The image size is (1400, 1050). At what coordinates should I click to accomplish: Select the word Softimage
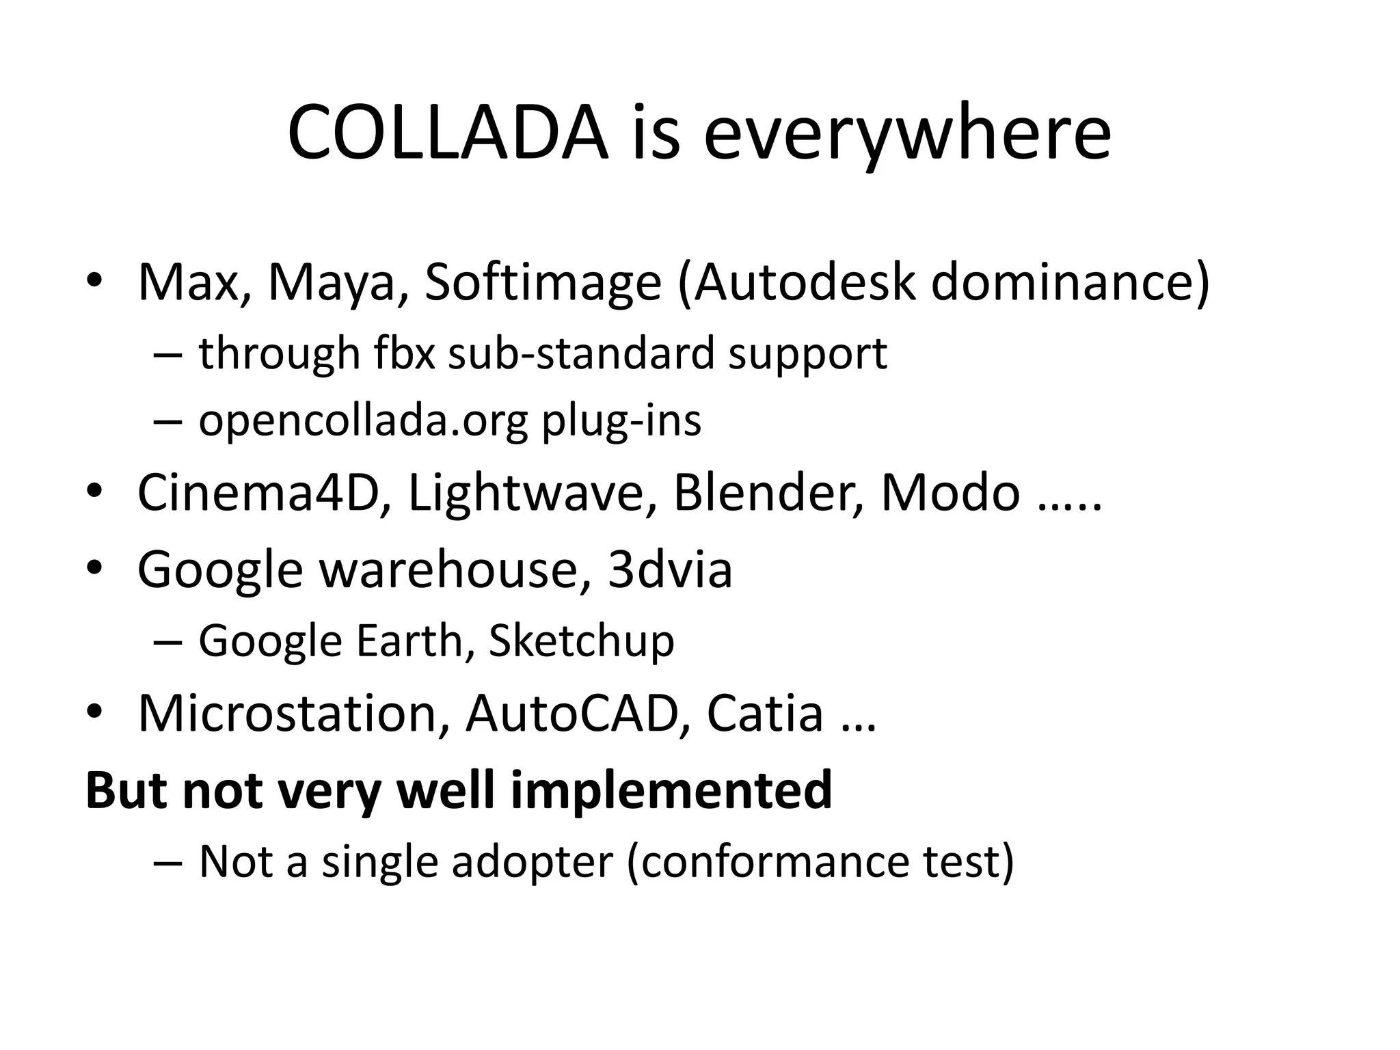pos(543,282)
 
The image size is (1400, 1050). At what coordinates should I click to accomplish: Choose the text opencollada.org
pos(363,421)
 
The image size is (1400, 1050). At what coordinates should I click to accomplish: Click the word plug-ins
pos(621,421)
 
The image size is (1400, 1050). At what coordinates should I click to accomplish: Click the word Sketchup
pos(582,641)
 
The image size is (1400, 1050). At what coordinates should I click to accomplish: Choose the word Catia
pos(764,714)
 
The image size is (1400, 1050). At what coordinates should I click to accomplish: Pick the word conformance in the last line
pos(775,861)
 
